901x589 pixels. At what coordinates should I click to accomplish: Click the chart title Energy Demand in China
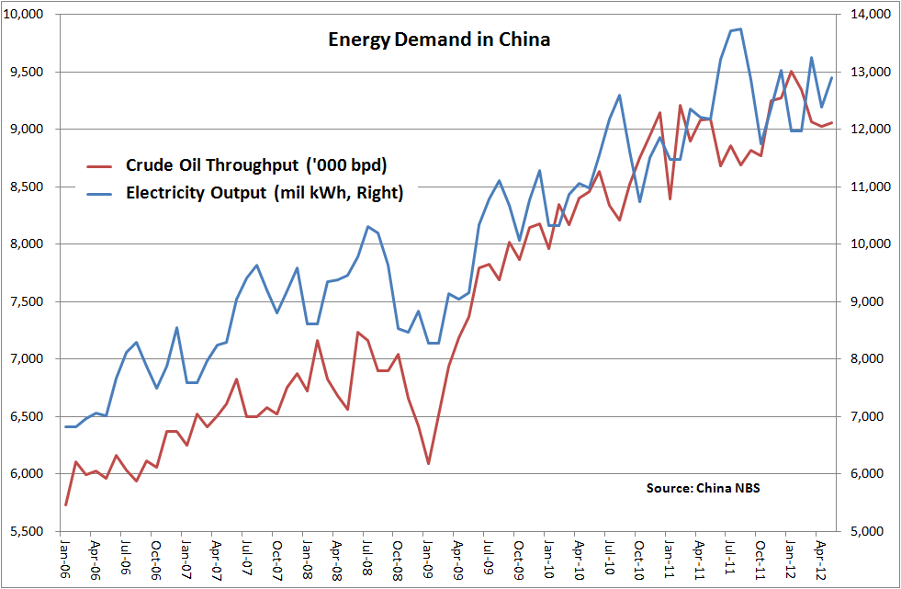coord(439,40)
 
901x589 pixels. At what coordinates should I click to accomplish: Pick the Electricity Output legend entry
coord(265,193)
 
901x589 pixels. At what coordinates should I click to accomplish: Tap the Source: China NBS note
coord(703,487)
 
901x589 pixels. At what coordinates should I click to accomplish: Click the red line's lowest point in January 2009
coord(428,463)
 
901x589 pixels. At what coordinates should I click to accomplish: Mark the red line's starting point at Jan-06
coord(65,504)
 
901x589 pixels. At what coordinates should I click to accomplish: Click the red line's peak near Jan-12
coord(790,71)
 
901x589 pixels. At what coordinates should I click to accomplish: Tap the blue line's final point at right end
coord(832,77)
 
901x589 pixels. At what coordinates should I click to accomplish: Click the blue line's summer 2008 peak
coord(367,226)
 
